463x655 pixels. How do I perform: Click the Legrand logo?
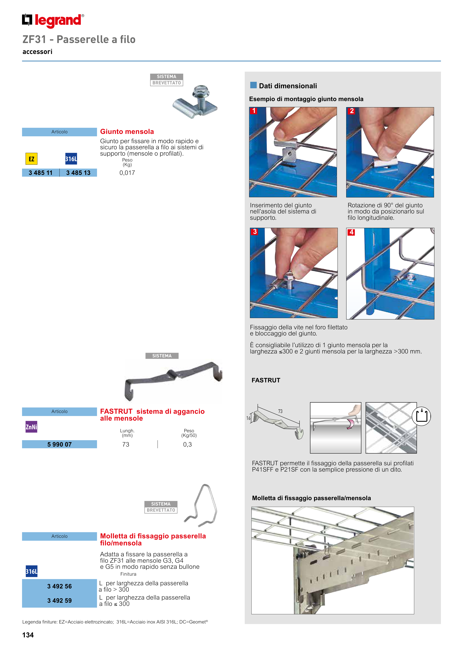[x=53, y=21]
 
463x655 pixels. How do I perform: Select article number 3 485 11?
[x=40, y=173]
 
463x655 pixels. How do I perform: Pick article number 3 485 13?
[x=78, y=173]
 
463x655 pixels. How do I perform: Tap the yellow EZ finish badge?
[x=31, y=159]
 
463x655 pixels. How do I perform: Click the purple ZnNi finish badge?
[x=31, y=427]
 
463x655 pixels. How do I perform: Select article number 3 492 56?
[x=59, y=586]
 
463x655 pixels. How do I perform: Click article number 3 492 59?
[x=59, y=600]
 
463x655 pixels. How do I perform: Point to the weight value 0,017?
[x=127, y=173]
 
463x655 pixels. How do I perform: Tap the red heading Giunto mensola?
[x=127, y=131]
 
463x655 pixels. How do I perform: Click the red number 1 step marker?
[x=254, y=111]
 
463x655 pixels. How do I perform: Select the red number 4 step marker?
[x=351, y=232]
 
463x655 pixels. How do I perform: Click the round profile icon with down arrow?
[x=421, y=416]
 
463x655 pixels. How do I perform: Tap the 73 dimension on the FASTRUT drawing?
[x=280, y=411]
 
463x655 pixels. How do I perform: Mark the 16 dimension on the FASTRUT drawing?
[x=248, y=418]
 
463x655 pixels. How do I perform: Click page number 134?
[x=28, y=635]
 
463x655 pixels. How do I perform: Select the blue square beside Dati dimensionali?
[x=253, y=85]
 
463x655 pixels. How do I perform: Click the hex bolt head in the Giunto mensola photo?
[x=201, y=91]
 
